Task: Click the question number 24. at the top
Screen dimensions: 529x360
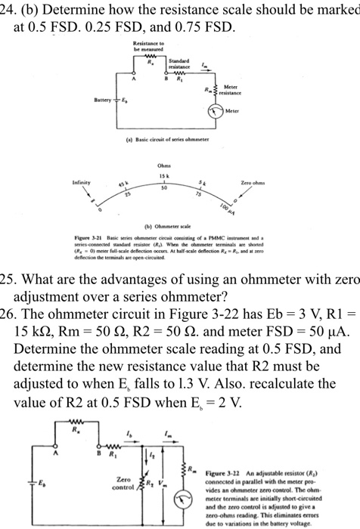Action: point(10,9)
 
